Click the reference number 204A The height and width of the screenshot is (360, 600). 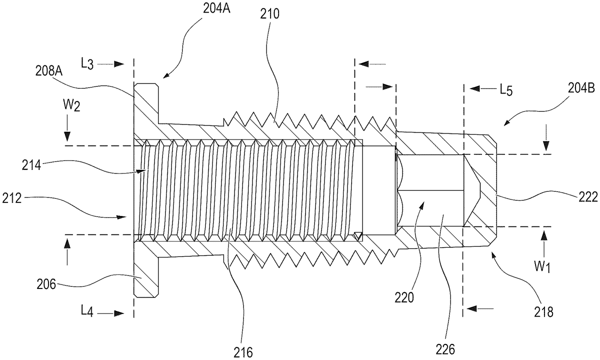pyautogui.click(x=216, y=8)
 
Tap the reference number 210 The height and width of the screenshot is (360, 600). pyautogui.click(x=269, y=14)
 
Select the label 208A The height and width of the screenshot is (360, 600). pyautogui.click(x=49, y=71)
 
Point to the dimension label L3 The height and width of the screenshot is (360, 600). pyautogui.click(x=87, y=64)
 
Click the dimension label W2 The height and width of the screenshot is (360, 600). pyautogui.click(x=72, y=106)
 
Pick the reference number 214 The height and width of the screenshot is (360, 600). pyautogui.click(x=31, y=165)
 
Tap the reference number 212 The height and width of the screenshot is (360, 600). pyautogui.click(x=12, y=199)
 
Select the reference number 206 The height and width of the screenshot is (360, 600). pyautogui.click(x=46, y=284)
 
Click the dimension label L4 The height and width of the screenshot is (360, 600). pyautogui.click(x=87, y=312)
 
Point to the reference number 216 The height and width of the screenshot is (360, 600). pyautogui.click(x=243, y=352)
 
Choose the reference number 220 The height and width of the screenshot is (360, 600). pyautogui.click(x=404, y=298)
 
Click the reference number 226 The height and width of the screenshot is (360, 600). pyautogui.click(x=445, y=349)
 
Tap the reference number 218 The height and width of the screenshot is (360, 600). pyautogui.click(x=544, y=312)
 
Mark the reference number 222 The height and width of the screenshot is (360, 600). pyautogui.click(x=588, y=197)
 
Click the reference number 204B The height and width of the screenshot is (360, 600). pyautogui.click(x=580, y=88)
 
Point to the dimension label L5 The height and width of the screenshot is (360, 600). pyautogui.click(x=506, y=90)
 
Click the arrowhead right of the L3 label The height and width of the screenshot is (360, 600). pyautogui.click(x=119, y=64)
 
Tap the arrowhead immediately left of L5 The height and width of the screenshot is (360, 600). pyautogui.click(x=474, y=88)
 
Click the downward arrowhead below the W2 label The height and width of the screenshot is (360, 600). pyautogui.click(x=67, y=136)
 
